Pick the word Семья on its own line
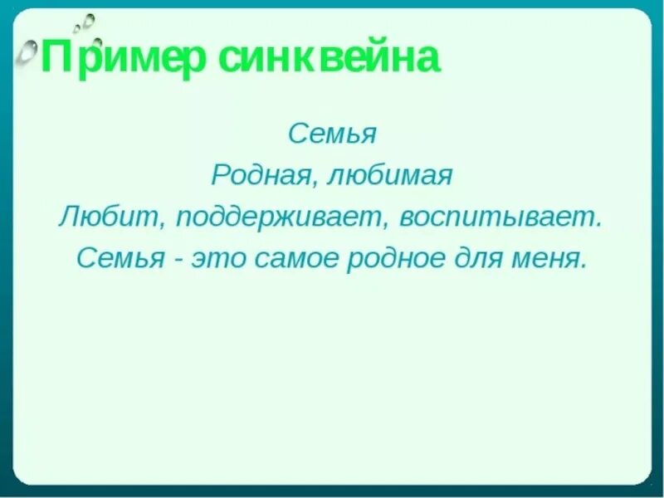(332, 133)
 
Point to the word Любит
(103, 217)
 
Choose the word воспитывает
(498, 217)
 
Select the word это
(217, 259)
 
